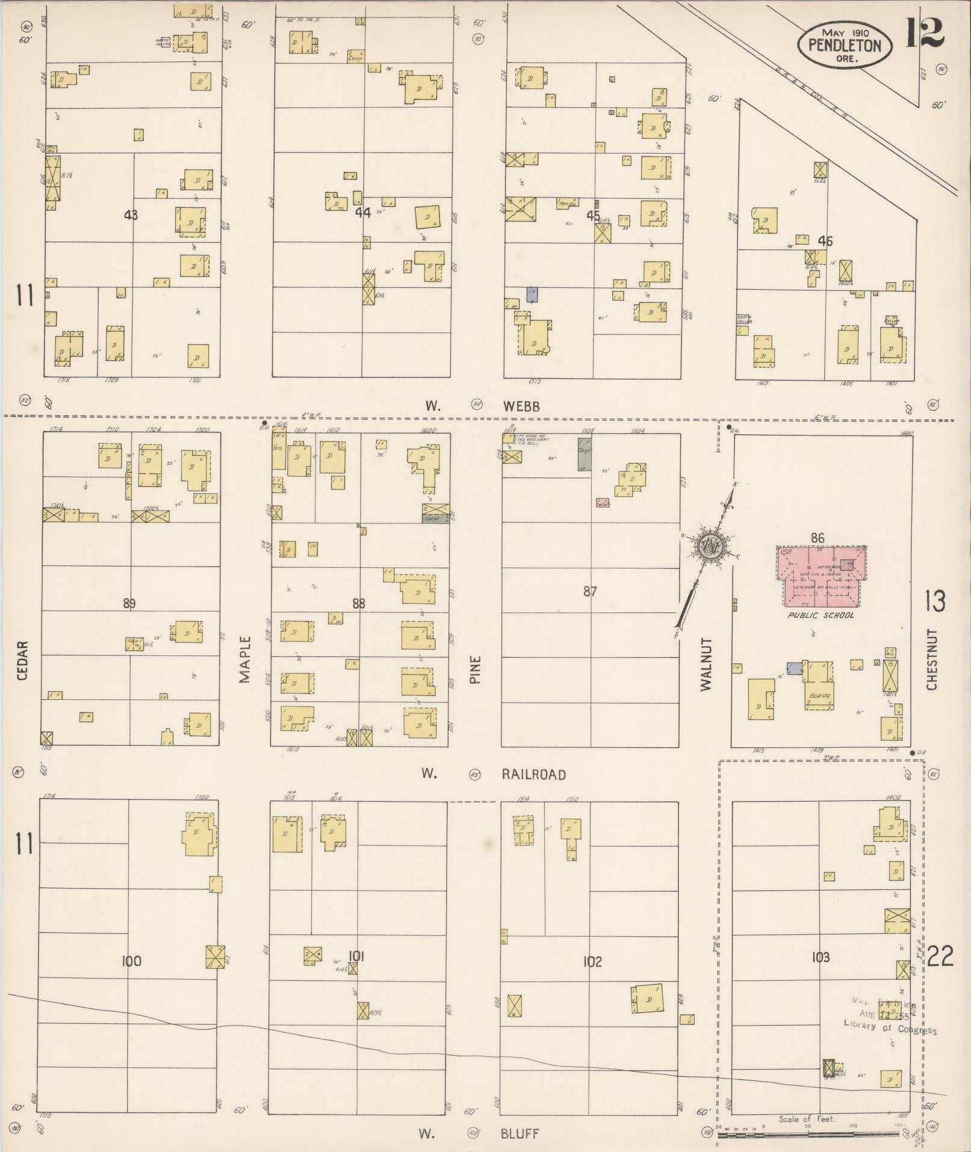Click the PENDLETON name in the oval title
pyautogui.click(x=845, y=45)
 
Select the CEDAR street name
pyautogui.click(x=22, y=661)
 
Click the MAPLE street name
pyautogui.click(x=244, y=659)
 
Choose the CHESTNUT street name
pyautogui.click(x=932, y=659)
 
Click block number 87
pyautogui.click(x=590, y=591)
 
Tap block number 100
pyautogui.click(x=131, y=961)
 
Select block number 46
pyautogui.click(x=825, y=241)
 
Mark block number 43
pyautogui.click(x=131, y=214)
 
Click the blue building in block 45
pyautogui.click(x=532, y=294)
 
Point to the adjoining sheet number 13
pyautogui.click(x=935, y=601)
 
